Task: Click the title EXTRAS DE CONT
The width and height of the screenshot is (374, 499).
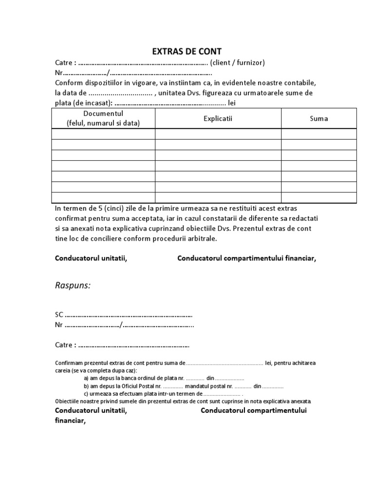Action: [x=187, y=52]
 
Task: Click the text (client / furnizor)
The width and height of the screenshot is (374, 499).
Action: [x=238, y=62]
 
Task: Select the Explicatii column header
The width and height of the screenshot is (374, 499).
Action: [x=218, y=118]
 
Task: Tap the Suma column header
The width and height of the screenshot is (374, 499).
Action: [x=319, y=118]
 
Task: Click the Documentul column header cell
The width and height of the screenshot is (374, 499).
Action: [x=103, y=118]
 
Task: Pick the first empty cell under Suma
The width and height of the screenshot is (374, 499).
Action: [x=319, y=134]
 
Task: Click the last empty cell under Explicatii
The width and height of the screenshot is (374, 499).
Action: [x=218, y=197]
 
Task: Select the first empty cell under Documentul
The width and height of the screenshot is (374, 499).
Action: [x=103, y=134]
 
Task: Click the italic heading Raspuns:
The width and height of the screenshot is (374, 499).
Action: [x=73, y=285]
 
